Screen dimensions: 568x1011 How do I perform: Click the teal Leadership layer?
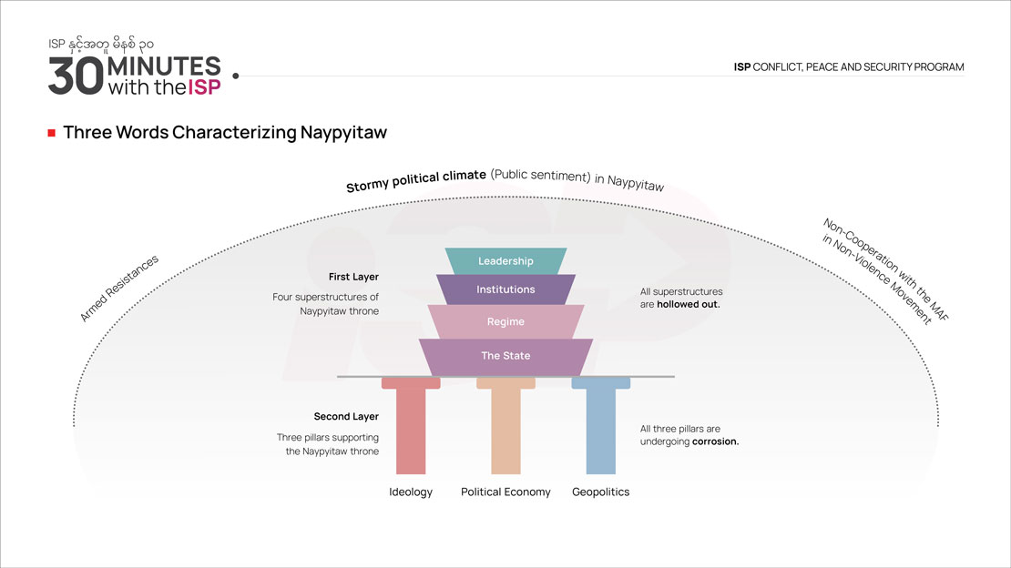click(x=505, y=261)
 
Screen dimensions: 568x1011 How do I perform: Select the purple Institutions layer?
click(x=505, y=289)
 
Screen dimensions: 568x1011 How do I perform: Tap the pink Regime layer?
click(x=505, y=321)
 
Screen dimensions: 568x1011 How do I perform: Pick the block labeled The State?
click(x=505, y=356)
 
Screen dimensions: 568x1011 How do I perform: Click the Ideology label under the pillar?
click(x=411, y=492)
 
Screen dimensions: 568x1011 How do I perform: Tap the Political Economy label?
click(x=505, y=492)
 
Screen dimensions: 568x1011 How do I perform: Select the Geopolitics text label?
click(x=600, y=492)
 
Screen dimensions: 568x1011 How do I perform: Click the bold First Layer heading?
click(x=353, y=277)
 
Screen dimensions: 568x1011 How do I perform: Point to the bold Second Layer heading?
click(x=346, y=417)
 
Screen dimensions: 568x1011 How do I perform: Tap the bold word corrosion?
click(x=716, y=441)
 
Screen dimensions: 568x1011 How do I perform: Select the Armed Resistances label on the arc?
click(x=119, y=288)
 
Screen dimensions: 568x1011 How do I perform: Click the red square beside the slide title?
click(x=52, y=133)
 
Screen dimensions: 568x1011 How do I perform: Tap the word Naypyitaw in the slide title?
click(x=343, y=133)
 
